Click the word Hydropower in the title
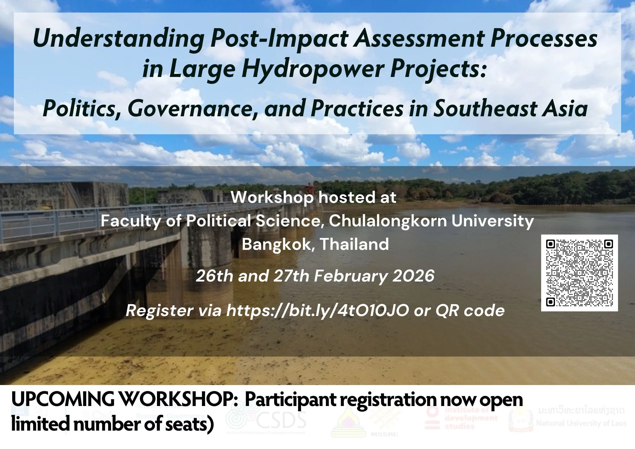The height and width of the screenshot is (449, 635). (x=313, y=69)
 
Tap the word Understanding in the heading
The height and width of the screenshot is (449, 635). (x=119, y=39)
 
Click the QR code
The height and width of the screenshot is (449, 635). (x=579, y=273)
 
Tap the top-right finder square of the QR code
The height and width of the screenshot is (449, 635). (x=608, y=244)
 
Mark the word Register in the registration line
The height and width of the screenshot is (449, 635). (x=159, y=311)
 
